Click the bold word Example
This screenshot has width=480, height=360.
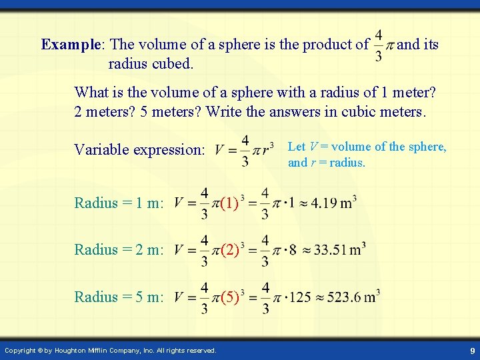pos(70,45)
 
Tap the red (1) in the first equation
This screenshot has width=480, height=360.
pos(229,202)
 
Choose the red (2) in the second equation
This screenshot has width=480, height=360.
pos(229,250)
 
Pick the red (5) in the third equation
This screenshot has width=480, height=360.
pos(229,297)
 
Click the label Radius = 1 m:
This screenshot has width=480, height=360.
pos(119,203)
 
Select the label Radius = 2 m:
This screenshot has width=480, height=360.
pos(119,250)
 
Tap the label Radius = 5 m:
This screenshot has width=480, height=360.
pos(119,297)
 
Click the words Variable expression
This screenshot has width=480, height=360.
pos(139,149)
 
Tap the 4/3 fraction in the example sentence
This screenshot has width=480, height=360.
pos(379,45)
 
